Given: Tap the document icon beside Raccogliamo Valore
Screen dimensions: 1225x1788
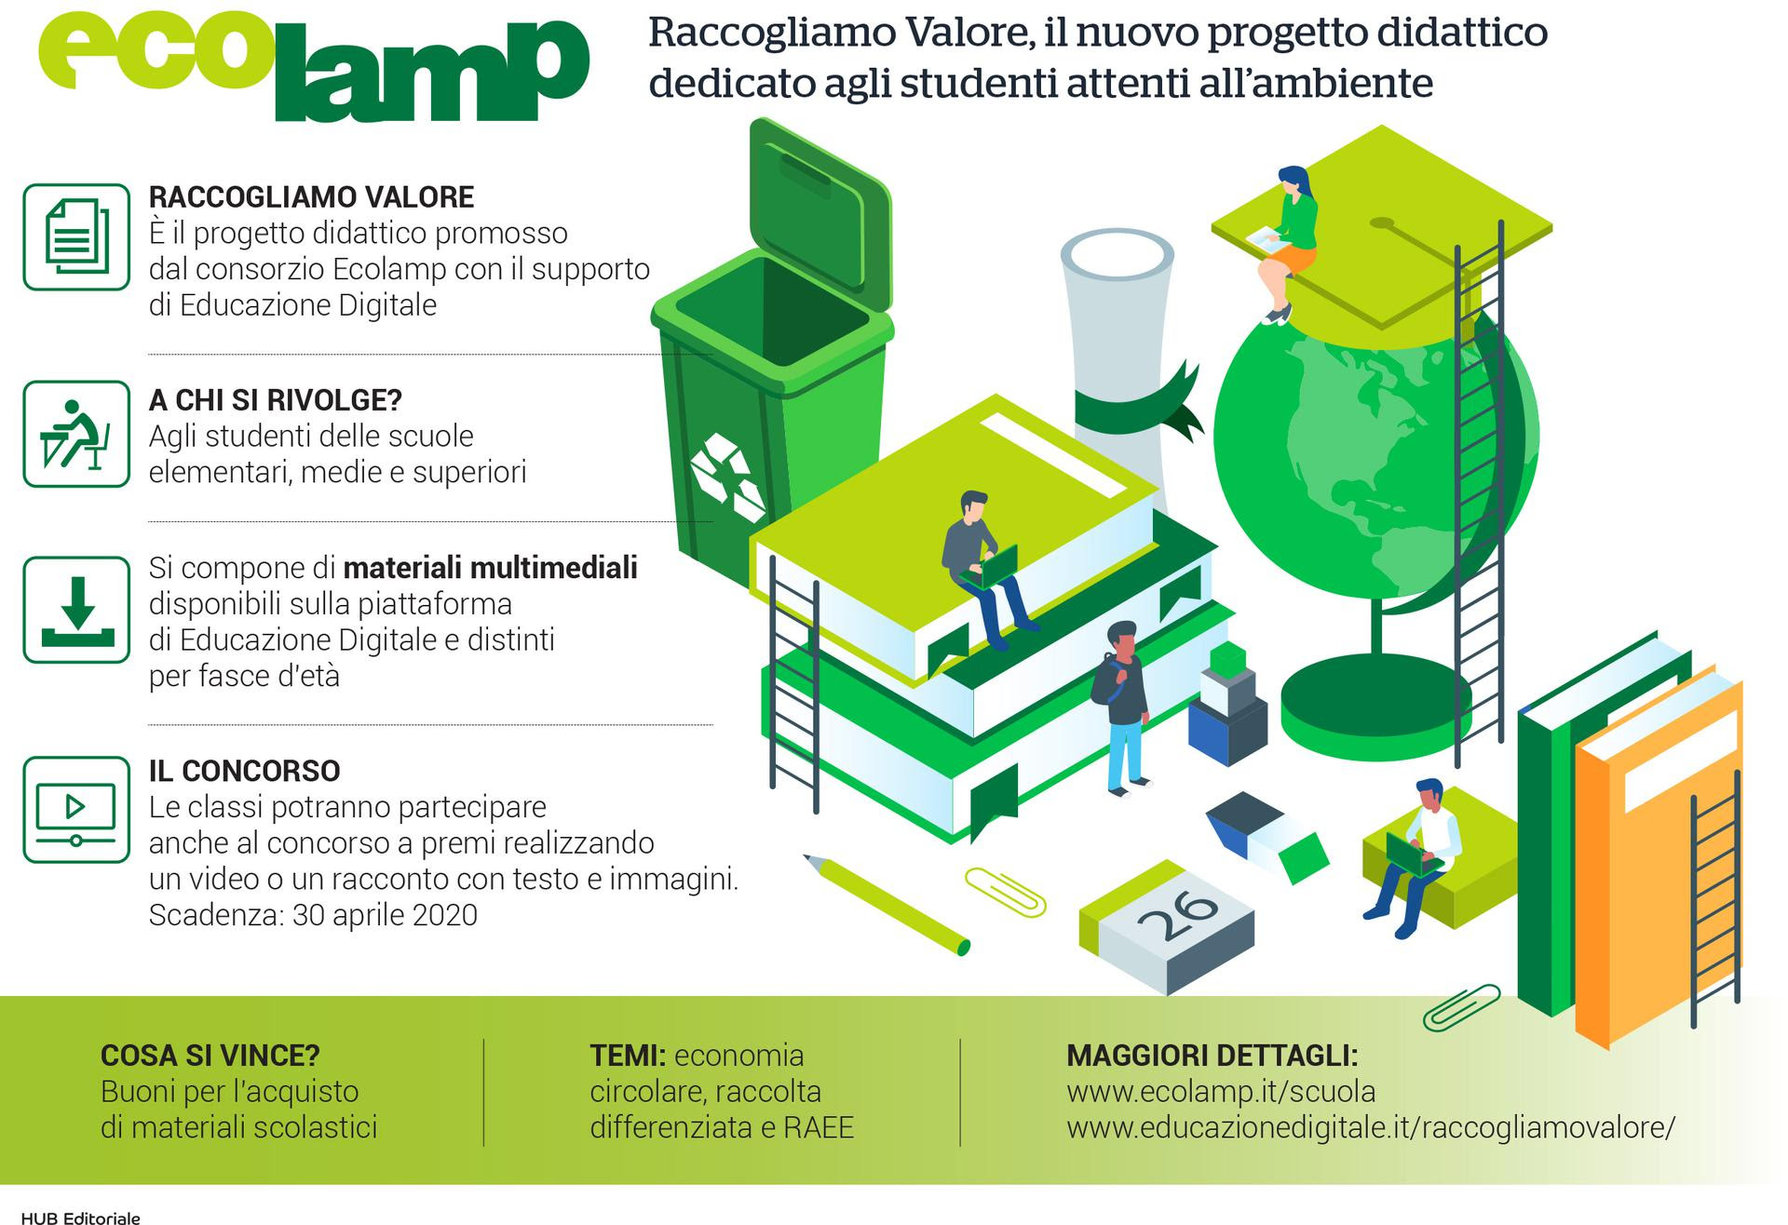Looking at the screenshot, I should tap(76, 237).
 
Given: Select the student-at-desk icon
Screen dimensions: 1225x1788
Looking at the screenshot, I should tap(76, 434).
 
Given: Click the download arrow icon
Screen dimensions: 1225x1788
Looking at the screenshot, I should tap(76, 610).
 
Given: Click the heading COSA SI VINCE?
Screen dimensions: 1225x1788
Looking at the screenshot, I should tap(210, 1056).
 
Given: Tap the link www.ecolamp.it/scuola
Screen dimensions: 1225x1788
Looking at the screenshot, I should tap(1220, 1091).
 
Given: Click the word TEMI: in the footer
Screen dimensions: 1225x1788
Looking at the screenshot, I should tap(627, 1056).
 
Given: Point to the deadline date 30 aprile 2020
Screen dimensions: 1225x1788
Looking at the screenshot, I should tap(385, 915).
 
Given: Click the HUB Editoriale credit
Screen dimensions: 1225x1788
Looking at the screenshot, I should tap(80, 1218).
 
